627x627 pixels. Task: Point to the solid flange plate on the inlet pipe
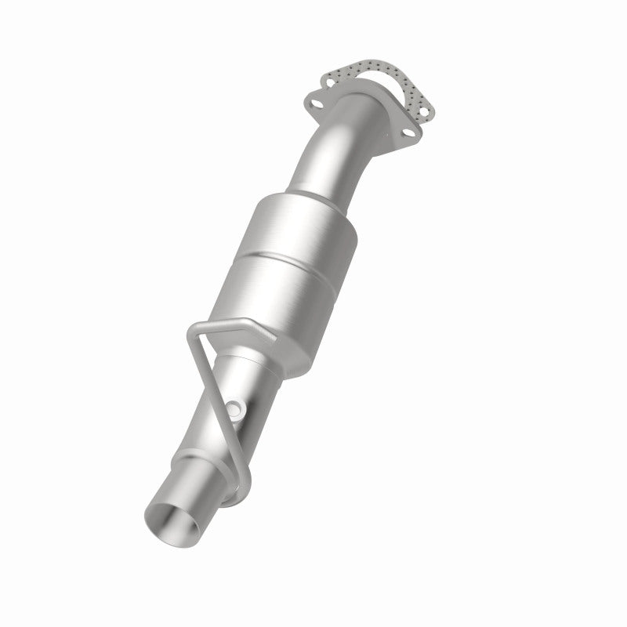click(361, 118)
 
